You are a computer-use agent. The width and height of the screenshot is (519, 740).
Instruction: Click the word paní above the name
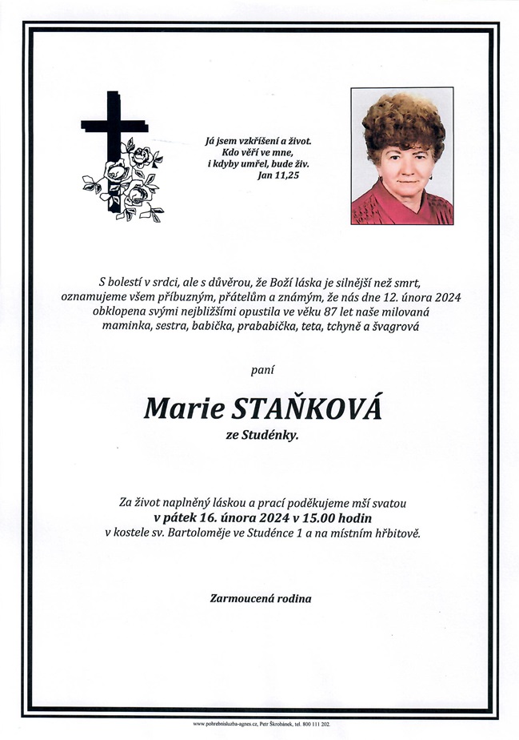pos(259,369)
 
